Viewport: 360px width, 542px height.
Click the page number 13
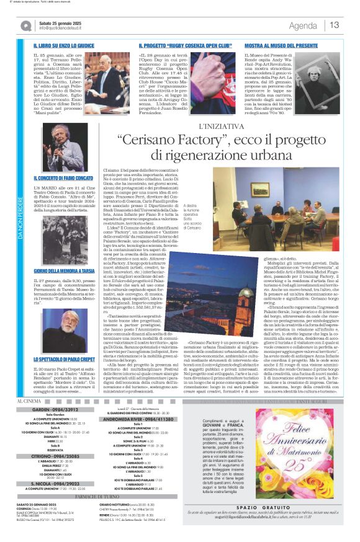pyautogui.click(x=335, y=25)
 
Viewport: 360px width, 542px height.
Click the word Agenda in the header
pyautogui.click(x=303, y=25)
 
